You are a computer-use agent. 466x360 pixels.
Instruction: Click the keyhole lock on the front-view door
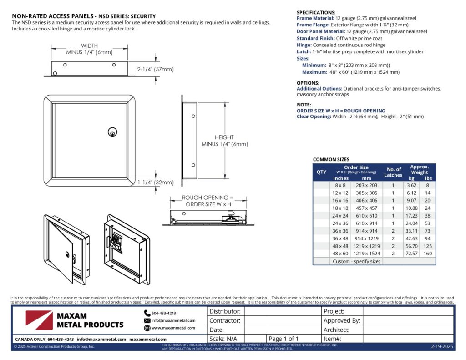tap(111, 132)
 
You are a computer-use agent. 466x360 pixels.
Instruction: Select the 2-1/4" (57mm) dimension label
tap(156, 70)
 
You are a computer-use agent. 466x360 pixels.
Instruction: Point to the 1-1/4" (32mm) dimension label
tap(156, 183)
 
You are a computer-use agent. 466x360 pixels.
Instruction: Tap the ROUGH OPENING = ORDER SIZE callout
tap(207, 201)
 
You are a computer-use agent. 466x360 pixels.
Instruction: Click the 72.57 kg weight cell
tap(411, 253)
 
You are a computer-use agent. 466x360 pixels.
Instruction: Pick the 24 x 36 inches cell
tap(340, 223)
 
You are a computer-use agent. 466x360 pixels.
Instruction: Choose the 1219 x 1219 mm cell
tap(366, 246)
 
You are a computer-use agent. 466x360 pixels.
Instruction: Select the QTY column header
tap(321, 172)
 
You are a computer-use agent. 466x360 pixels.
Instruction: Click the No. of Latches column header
tap(393, 172)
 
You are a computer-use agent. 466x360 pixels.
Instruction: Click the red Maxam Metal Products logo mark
tap(39, 320)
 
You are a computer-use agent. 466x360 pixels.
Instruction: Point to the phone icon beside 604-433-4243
tap(147, 313)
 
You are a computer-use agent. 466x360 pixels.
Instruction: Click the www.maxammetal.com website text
tap(173, 328)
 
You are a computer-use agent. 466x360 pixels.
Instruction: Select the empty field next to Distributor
tap(282, 312)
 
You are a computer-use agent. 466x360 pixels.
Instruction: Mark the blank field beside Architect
tap(408, 330)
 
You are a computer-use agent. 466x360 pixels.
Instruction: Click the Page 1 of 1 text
tap(284, 339)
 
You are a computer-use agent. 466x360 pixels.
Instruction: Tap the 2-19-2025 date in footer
tap(442, 347)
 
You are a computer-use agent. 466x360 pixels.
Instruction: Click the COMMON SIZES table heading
tap(331, 160)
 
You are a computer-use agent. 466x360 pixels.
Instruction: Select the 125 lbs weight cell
tap(428, 246)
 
